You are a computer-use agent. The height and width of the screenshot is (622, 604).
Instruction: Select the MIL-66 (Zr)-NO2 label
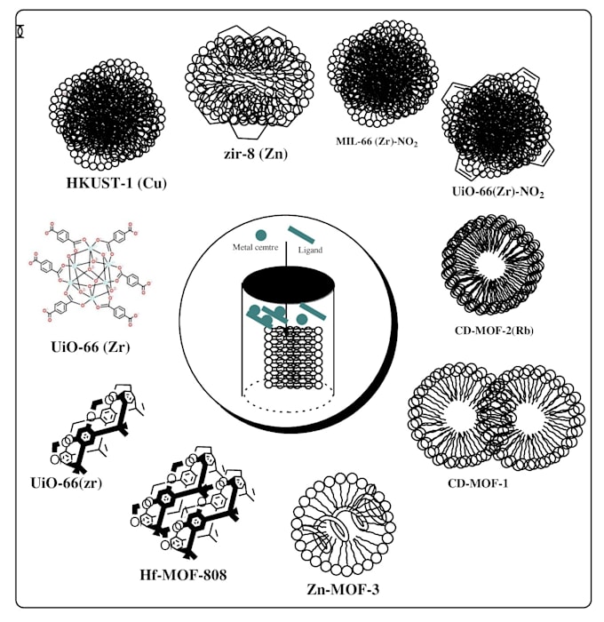tap(376, 142)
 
